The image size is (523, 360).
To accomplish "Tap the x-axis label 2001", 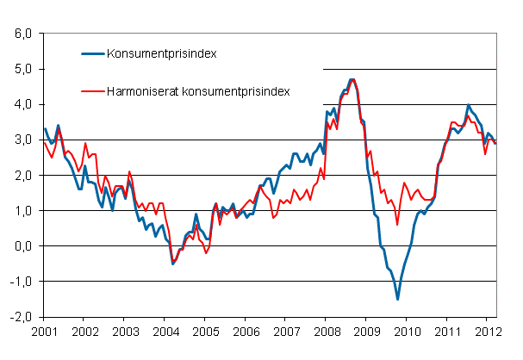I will pos(43,331).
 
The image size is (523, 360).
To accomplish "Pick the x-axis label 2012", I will pos(487,331).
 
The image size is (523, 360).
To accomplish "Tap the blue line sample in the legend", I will pos(90,53).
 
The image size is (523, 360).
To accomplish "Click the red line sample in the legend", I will pos(90,90).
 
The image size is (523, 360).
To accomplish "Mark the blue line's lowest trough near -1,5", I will pos(397,299).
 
